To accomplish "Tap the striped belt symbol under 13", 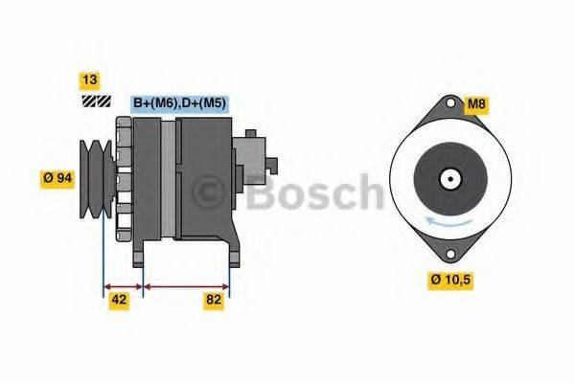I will pos(96,100).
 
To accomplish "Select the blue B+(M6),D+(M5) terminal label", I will pos(180,103).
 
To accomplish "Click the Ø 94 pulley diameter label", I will pos(57,177).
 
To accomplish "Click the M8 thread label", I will pos(477,103).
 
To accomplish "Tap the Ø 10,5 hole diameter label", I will pos(450,280).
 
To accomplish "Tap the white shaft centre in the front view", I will pos(448,178).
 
